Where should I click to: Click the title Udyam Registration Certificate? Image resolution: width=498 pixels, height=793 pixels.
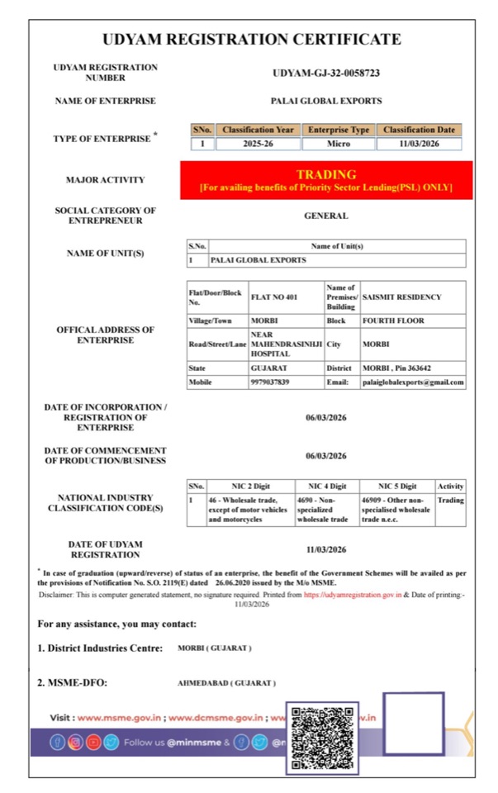click(x=251, y=40)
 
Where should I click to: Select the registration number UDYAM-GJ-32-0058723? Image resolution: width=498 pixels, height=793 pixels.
click(x=326, y=73)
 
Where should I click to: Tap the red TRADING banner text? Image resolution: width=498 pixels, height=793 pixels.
click(x=326, y=175)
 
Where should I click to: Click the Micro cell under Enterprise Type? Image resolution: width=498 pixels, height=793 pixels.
click(x=339, y=143)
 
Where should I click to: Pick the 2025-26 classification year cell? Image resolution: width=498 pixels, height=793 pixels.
click(x=258, y=143)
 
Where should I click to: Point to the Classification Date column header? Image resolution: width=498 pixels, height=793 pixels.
click(x=419, y=130)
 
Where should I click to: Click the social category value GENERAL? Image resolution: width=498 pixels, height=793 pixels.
click(x=326, y=216)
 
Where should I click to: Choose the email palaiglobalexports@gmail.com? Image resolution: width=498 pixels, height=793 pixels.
click(x=413, y=382)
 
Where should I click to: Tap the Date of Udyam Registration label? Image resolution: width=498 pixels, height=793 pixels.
click(x=105, y=549)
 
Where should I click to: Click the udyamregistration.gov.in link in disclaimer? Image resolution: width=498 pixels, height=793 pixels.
click(x=353, y=595)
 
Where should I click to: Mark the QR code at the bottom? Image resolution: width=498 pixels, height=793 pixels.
click(x=322, y=738)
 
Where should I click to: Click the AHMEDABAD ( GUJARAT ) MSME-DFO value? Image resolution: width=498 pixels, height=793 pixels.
click(x=226, y=683)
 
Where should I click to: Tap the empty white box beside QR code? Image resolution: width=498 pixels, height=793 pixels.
click(x=413, y=724)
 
